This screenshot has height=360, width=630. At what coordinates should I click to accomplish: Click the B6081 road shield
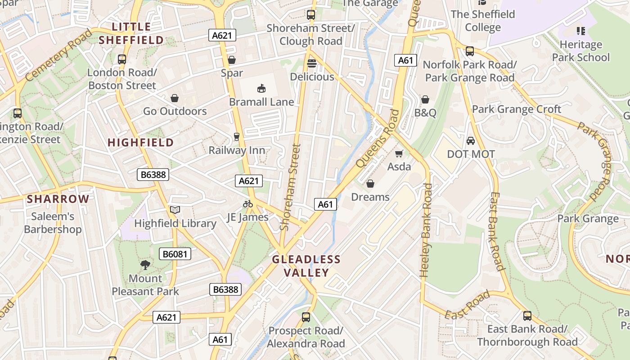click(175, 254)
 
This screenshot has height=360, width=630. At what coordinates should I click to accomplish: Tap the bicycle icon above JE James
click(247, 204)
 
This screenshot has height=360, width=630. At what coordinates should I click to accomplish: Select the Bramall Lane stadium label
click(261, 102)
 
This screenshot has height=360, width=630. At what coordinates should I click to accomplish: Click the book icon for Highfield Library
click(175, 210)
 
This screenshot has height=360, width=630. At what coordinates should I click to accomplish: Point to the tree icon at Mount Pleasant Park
click(145, 265)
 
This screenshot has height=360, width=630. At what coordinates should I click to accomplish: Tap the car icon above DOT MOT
click(470, 141)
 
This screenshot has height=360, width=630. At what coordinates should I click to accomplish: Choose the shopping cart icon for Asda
click(399, 153)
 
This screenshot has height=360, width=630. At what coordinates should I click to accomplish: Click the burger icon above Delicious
click(311, 63)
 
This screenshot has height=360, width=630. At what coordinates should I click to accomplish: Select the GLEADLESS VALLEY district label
click(306, 266)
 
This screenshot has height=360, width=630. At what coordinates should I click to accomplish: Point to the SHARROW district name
click(58, 199)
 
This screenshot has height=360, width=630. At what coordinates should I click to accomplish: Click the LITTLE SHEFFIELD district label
click(131, 33)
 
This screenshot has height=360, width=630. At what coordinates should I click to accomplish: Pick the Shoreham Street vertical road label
click(290, 187)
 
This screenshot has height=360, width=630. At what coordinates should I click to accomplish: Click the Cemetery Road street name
click(58, 55)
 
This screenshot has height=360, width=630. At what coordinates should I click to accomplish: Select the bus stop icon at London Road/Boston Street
click(121, 59)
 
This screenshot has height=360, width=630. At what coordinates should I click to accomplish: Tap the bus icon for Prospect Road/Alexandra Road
click(306, 317)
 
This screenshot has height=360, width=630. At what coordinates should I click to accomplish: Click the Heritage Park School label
click(580, 51)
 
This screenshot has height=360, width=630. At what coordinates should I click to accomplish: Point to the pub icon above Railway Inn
click(237, 136)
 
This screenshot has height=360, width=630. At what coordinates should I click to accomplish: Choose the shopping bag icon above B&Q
click(425, 99)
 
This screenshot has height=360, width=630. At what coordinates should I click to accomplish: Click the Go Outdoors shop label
click(175, 111)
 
